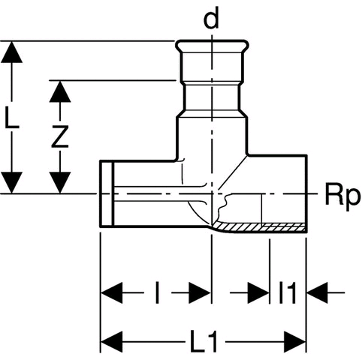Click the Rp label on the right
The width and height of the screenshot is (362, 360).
click(x=342, y=196)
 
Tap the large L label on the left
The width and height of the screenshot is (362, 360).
click(x=11, y=116)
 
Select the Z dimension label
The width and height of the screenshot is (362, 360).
click(x=60, y=136)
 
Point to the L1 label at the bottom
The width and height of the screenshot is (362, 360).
click(x=204, y=342)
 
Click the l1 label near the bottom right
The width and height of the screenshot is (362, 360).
click(x=288, y=292)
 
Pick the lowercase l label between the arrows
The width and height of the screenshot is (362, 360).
click(x=157, y=292)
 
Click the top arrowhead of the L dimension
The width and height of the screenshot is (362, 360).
click(x=11, y=52)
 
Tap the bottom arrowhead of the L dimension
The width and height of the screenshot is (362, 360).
click(x=11, y=182)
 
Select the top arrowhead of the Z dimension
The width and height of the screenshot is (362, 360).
click(x=60, y=91)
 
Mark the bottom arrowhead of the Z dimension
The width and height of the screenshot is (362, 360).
click(x=60, y=182)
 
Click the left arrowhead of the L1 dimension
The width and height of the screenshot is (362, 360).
click(x=112, y=342)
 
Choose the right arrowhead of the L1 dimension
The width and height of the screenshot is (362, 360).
click(x=294, y=342)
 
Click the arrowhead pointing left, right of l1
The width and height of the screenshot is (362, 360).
click(x=318, y=292)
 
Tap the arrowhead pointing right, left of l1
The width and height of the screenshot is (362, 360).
click(x=258, y=292)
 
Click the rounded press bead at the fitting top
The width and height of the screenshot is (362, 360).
click(x=213, y=46)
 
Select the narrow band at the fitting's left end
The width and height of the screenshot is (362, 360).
click(x=107, y=193)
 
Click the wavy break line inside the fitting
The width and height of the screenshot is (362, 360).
click(x=223, y=207)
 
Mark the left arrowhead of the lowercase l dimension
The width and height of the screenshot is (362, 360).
click(x=112, y=292)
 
